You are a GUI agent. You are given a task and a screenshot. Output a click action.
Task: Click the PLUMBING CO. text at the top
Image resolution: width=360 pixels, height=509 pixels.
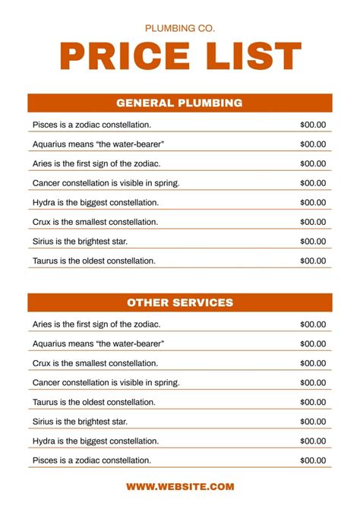(x=180, y=28)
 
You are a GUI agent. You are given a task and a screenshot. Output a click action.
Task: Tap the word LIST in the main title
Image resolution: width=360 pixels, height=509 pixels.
(x=251, y=58)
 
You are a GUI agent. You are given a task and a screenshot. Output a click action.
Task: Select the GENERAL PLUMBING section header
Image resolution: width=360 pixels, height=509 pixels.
(x=180, y=103)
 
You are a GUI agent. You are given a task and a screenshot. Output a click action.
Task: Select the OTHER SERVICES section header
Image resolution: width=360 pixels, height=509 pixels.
(x=180, y=302)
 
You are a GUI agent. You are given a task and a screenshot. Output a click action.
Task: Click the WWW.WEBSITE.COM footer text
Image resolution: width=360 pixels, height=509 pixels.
(x=180, y=487)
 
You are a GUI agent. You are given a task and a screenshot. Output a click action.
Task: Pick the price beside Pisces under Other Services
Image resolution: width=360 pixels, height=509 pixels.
(x=313, y=460)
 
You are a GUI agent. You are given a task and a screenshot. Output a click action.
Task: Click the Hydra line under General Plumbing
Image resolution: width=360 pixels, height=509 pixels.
(x=96, y=203)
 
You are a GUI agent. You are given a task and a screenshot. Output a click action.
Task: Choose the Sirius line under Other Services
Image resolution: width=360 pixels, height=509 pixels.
(x=80, y=422)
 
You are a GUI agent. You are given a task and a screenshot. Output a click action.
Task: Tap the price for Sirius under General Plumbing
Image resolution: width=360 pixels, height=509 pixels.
(x=313, y=242)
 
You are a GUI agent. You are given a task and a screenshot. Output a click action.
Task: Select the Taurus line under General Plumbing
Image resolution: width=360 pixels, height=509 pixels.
(x=94, y=261)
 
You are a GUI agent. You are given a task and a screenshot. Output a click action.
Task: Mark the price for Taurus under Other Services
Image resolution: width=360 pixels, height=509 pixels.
(x=313, y=402)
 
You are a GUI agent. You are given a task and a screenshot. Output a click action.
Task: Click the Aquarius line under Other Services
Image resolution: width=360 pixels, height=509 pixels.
(x=99, y=343)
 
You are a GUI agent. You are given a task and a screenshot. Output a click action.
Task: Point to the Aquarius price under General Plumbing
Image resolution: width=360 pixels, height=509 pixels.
(x=313, y=144)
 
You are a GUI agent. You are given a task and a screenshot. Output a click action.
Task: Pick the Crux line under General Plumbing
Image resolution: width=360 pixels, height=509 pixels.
(x=95, y=222)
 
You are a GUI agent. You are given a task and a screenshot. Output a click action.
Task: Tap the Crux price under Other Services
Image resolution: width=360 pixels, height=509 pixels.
(x=313, y=363)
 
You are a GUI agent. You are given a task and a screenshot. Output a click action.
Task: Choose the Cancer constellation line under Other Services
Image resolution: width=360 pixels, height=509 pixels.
(x=106, y=382)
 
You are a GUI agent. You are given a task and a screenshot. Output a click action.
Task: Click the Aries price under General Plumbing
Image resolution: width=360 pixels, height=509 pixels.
(x=313, y=163)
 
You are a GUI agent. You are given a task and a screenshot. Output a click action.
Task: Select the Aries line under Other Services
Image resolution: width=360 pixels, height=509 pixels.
(x=96, y=324)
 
